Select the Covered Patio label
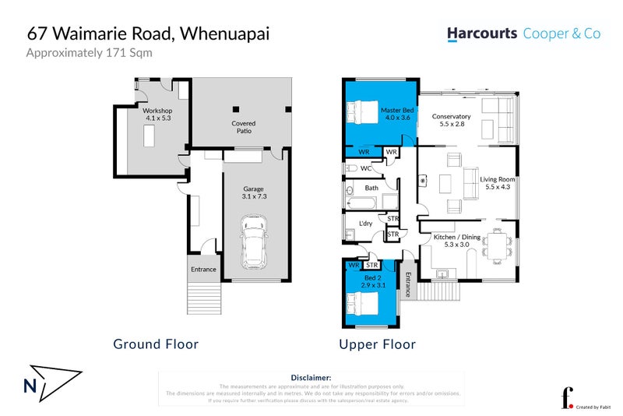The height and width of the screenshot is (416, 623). (244, 127)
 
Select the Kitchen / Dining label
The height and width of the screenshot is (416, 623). (456, 241)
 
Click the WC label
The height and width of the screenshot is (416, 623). (365, 168)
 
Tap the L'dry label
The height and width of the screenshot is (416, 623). (365, 224)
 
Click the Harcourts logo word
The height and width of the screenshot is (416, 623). (481, 33)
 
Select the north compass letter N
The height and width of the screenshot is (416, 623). (28, 385)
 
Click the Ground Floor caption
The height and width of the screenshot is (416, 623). (156, 344)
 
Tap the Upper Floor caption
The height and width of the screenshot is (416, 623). (377, 344)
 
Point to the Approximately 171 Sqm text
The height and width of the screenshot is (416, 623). (90, 53)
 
